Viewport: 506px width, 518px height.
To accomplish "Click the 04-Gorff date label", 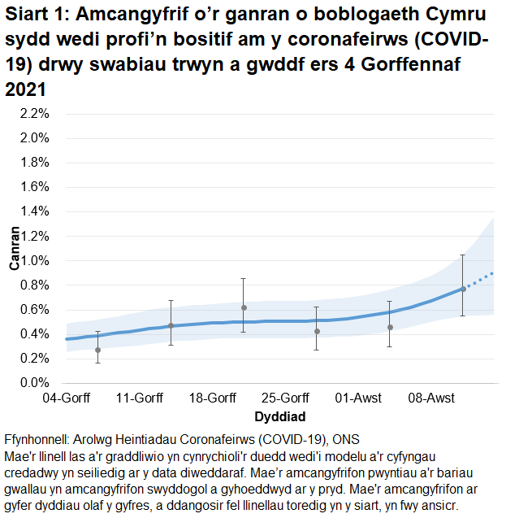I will (66, 398).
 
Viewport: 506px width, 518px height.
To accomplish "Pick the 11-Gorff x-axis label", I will (139, 398).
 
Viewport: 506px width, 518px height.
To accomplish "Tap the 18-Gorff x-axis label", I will (212, 398).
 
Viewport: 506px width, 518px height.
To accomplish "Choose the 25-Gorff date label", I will (285, 398).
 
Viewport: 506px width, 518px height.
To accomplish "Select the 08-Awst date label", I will (431, 398).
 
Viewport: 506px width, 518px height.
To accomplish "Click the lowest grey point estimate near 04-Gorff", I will (98, 350).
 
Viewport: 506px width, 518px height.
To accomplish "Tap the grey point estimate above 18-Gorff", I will (244, 307).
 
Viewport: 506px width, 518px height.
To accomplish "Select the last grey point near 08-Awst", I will (463, 289).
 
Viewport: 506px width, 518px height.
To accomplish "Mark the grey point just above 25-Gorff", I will (317, 331).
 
